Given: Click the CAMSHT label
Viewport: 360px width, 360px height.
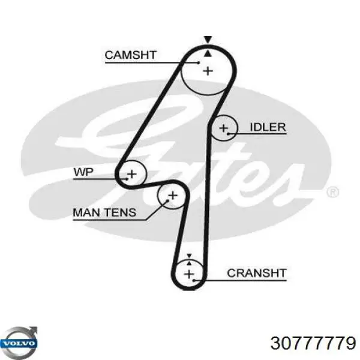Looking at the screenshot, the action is click(x=130, y=55).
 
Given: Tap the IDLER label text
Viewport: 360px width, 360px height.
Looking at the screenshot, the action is click(x=268, y=127).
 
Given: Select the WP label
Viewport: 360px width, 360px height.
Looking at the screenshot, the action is click(x=83, y=172).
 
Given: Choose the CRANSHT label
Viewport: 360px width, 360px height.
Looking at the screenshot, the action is click(x=257, y=273).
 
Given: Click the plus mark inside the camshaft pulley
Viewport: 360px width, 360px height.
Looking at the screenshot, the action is click(x=208, y=71).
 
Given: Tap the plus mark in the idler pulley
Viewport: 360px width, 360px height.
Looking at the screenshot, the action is click(x=223, y=128).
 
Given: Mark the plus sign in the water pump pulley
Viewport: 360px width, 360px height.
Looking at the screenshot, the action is click(x=132, y=174).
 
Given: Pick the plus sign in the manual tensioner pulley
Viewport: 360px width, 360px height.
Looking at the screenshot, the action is click(x=173, y=196).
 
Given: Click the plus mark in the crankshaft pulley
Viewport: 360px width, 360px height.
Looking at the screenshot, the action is click(x=189, y=274).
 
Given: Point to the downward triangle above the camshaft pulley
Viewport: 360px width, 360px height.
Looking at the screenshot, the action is click(x=208, y=39).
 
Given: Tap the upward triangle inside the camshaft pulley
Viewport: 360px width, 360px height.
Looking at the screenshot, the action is click(x=208, y=53).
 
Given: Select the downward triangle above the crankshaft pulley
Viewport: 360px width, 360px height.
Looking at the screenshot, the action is click(x=189, y=256).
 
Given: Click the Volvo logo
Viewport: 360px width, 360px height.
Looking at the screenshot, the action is click(x=19, y=341).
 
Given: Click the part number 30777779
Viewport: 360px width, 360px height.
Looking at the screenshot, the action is click(x=313, y=343).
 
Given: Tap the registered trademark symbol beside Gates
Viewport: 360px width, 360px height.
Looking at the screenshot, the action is click(x=332, y=192).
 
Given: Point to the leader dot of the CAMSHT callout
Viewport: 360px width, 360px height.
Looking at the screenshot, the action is click(x=199, y=62).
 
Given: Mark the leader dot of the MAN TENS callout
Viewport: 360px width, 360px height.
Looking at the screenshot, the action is click(x=168, y=200).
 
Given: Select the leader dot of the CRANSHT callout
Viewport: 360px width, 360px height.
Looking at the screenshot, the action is click(x=194, y=280).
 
